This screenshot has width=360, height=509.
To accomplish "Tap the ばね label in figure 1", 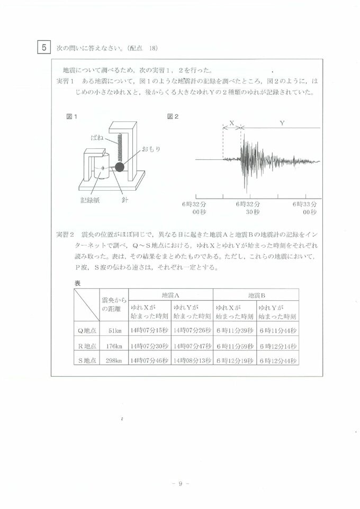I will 97,137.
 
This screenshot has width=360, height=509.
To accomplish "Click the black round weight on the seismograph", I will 120,167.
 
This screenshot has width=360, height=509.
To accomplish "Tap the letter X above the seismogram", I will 231,123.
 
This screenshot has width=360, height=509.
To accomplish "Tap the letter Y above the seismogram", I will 282,123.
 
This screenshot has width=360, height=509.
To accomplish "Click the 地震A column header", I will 171,294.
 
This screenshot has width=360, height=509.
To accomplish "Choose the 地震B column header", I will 256,294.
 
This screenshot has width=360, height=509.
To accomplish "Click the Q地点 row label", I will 87,331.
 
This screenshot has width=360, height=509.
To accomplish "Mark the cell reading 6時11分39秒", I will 235,331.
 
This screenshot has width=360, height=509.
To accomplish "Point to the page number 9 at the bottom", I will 180,484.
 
